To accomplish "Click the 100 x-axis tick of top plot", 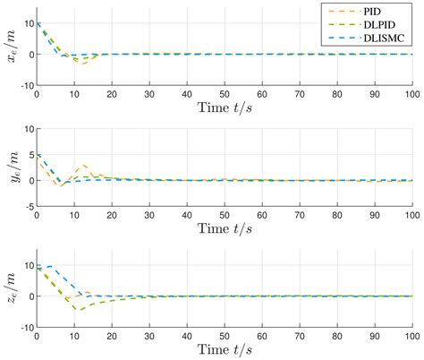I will pyautogui.click(x=411, y=94).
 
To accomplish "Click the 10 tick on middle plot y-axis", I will pyautogui.click(x=27, y=131).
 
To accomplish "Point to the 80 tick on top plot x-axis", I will pyautogui.click(x=336, y=94).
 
